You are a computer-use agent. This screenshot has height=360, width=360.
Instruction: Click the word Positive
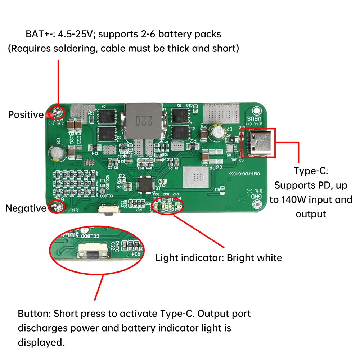tap(26, 115)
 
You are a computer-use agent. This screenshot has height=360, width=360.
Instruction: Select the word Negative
tap(26, 208)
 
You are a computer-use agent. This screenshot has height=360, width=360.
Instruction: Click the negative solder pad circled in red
tap(57, 207)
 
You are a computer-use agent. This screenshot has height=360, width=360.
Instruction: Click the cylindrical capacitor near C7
tap(219, 132)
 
